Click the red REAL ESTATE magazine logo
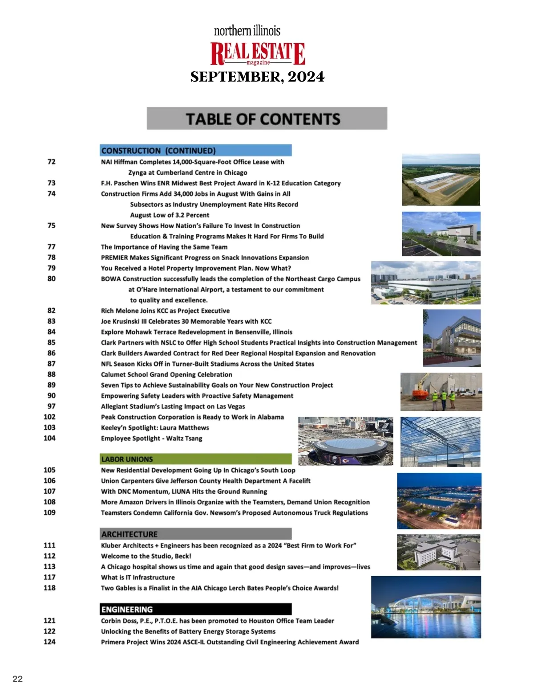point(258,53)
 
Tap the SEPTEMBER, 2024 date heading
point(258,77)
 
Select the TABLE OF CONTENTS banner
point(267,119)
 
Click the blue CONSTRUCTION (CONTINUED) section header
point(196,151)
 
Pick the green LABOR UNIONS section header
point(196,459)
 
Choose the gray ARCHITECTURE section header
point(196,534)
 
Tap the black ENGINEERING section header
point(196,609)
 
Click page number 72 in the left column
point(52,162)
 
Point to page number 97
point(52,406)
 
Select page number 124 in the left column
point(50,642)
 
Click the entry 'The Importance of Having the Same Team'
point(164,247)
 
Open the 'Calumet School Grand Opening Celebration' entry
point(166,374)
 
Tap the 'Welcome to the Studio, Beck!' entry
point(146,556)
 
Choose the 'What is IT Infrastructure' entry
point(138,577)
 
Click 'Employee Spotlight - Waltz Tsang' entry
point(151,438)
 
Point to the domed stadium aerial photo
point(346,441)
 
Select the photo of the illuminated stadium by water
point(426,607)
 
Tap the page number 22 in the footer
point(17,679)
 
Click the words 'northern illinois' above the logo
point(247,31)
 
